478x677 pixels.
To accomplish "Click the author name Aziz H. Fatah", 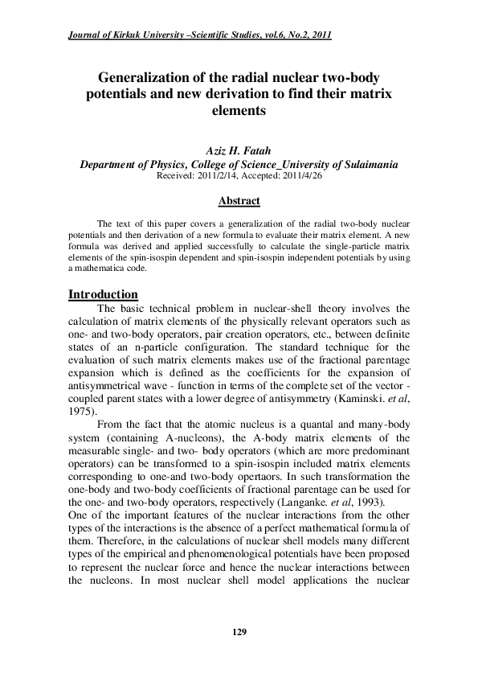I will (239, 150).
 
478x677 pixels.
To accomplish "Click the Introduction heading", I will (103, 294).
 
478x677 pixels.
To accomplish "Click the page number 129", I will (239, 633).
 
